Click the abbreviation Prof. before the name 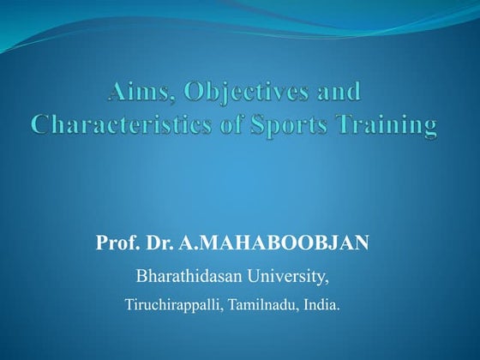point(115,244)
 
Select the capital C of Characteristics point(43,125)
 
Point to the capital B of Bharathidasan point(142,277)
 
